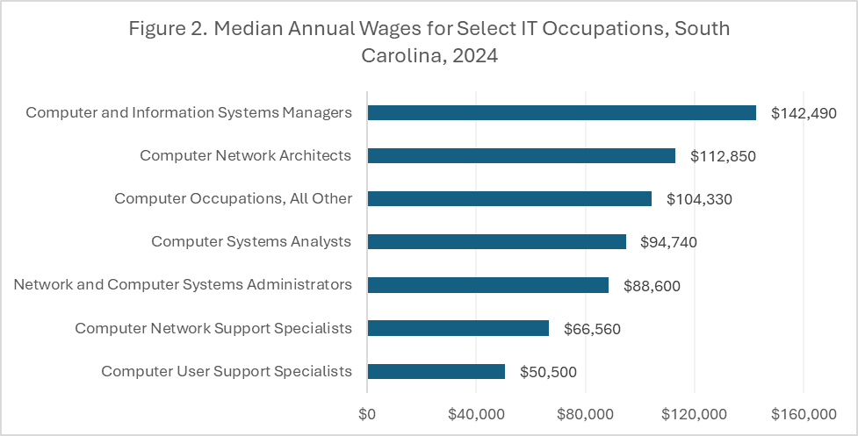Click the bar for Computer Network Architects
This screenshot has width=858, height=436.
pyautogui.click(x=521, y=155)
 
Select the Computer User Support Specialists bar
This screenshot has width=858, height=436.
pyautogui.click(x=436, y=371)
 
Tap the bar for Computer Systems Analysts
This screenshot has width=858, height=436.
pyautogui.click(x=496, y=241)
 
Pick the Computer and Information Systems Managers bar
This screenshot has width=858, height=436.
pyautogui.click(x=561, y=112)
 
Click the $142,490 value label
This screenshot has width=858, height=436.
pyautogui.click(x=804, y=113)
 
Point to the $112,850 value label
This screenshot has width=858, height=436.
pyautogui.click(x=723, y=156)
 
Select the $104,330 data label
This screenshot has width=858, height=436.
pyautogui.click(x=699, y=199)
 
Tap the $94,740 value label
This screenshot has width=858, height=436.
pyautogui.click(x=669, y=242)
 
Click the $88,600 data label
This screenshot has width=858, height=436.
pyautogui.click(x=652, y=285)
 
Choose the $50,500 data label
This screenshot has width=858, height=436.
pyautogui.click(x=548, y=372)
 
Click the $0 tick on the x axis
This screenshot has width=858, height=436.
pyautogui.click(x=367, y=413)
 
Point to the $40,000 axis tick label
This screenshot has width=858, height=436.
pyautogui.click(x=476, y=413)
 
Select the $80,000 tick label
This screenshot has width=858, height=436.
pyautogui.click(x=585, y=413)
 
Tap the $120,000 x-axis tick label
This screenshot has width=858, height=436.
pyautogui.click(x=694, y=413)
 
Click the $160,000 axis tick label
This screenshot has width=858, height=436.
pyautogui.click(x=803, y=413)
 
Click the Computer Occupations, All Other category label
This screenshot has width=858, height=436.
pyautogui.click(x=233, y=198)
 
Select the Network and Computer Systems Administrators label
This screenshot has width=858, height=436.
pyautogui.click(x=183, y=284)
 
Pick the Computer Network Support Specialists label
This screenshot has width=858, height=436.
pyautogui.click(x=213, y=328)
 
